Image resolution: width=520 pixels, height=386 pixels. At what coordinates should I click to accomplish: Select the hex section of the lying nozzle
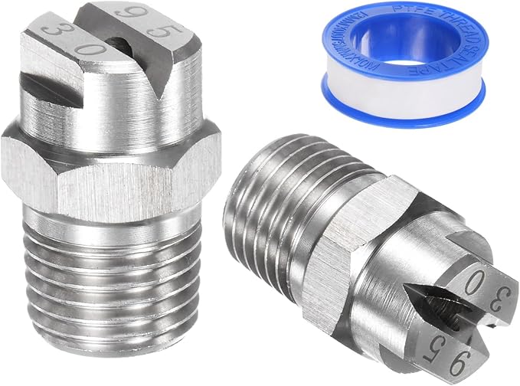(x=329, y=230)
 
